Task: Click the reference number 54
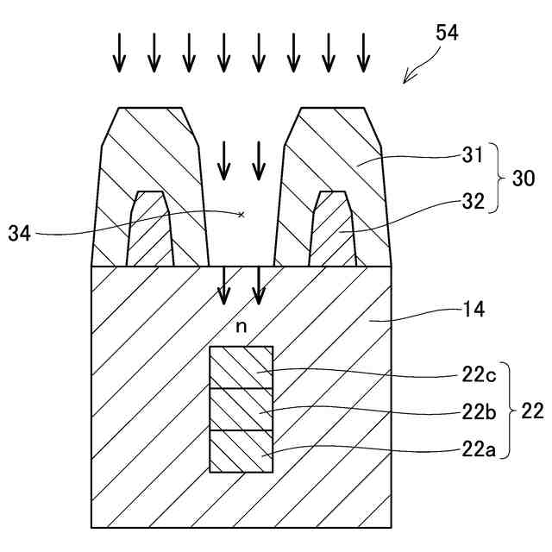447,34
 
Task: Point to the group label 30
524,179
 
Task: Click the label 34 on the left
20,232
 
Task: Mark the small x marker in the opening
241,214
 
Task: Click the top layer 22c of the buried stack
241,367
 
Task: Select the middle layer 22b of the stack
241,409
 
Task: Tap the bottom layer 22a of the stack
241,451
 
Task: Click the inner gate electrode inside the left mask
150,230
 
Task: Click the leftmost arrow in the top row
119,53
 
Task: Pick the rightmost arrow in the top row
364,53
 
